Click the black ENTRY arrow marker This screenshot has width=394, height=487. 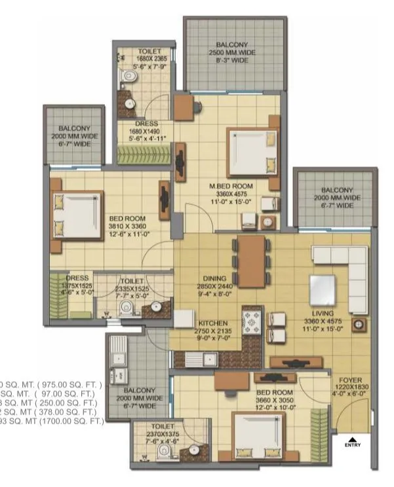click(352, 439)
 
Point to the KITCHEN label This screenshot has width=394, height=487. click(213, 323)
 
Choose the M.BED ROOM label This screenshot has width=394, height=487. click(231, 187)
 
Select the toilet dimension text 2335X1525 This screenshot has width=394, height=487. click(136, 288)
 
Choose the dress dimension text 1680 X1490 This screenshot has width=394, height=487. click(146, 130)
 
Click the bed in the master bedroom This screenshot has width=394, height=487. click(250, 149)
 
